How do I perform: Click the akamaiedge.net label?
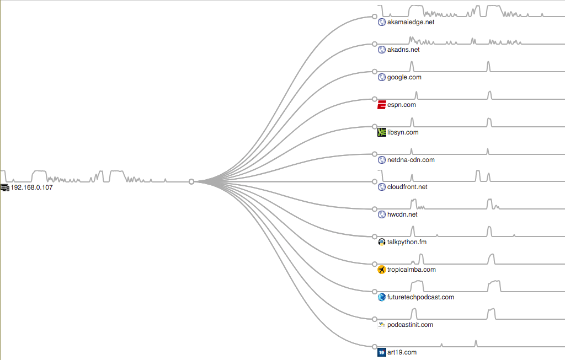[411, 22]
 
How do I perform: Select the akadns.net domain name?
[403, 50]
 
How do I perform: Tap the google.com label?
[404, 77]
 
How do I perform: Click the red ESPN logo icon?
[381, 105]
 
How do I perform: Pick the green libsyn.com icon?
[381, 132]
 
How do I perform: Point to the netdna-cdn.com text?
[411, 160]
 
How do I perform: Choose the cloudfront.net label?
[407, 187]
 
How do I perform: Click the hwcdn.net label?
[402, 214]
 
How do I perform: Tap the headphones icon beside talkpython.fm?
[381, 242]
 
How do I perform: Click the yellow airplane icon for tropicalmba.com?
[381, 270]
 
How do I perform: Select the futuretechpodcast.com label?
[420, 297]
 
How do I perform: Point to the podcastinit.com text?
[410, 325]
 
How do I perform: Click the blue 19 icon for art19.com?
[381, 352]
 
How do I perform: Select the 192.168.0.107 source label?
[32, 187]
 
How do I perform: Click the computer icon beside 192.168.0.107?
[5, 187]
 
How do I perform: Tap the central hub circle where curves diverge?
[191, 181]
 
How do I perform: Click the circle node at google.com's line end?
[375, 72]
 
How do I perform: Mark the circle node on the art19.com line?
[375, 346]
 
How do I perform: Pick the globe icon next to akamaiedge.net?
[381, 22]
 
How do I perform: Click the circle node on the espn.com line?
[375, 99]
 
